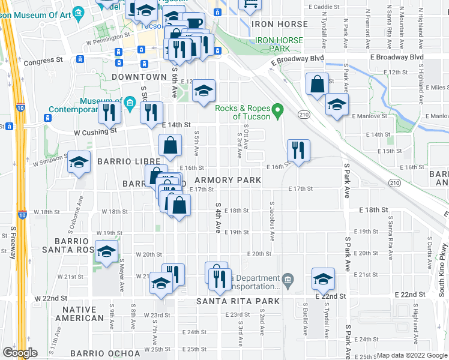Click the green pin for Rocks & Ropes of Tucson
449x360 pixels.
point(277,110)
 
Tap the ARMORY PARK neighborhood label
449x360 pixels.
point(228,180)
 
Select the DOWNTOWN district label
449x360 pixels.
point(139,77)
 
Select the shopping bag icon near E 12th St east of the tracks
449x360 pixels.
point(316,85)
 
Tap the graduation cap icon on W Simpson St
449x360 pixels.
point(79,163)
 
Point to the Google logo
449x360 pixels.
point(20,353)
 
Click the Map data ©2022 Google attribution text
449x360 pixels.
point(412,355)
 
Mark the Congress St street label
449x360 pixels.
point(43,60)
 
